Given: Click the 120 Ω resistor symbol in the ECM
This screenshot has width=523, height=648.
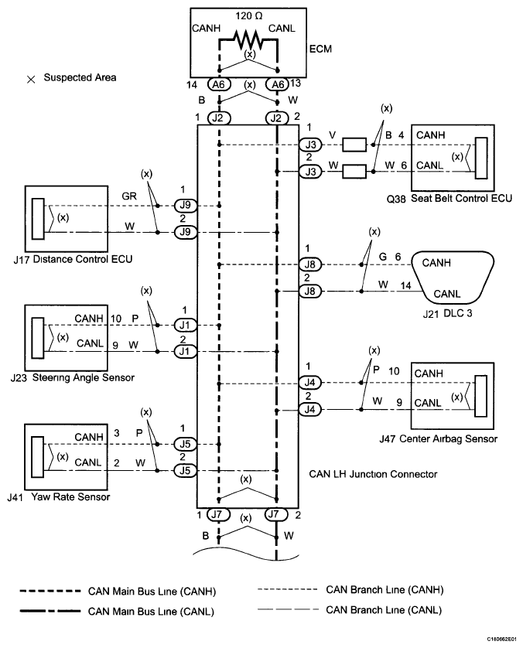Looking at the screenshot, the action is (248, 39).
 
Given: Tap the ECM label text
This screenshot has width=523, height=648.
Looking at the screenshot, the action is (320, 49).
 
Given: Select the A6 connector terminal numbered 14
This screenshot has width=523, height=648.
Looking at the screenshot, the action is (218, 84).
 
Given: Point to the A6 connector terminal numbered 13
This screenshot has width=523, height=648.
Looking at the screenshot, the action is (278, 84).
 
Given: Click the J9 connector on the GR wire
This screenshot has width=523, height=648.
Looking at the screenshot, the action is (185, 206).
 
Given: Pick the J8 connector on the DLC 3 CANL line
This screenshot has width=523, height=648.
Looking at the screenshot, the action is (309, 292).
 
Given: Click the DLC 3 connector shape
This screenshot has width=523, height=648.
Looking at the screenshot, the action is (453, 278).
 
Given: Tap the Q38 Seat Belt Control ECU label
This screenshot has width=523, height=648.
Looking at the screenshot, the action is (449, 199).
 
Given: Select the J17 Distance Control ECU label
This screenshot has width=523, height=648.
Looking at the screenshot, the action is (73, 260).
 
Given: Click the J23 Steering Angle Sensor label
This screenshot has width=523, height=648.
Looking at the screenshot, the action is (73, 377).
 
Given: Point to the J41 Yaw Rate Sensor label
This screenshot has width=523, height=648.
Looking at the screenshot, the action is (59, 496).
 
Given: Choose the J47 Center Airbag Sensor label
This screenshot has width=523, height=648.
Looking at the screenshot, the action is (438, 439).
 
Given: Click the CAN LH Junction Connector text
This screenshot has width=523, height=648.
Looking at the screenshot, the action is (373, 474).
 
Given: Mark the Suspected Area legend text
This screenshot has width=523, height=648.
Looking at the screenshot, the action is (80, 77).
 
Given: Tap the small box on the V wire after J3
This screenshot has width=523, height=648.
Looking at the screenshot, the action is (354, 145).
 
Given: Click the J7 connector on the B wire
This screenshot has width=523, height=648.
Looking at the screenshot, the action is (217, 514).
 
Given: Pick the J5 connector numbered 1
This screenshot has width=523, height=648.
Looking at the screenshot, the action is (185, 445).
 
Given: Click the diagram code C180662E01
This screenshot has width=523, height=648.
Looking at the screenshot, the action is (501, 639).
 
